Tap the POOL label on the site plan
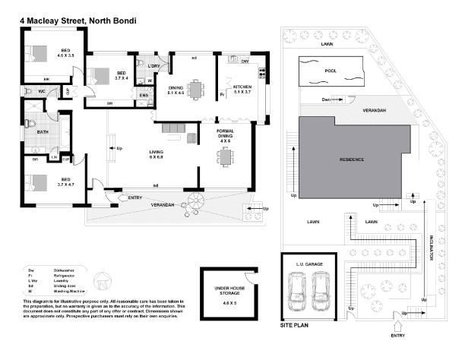(329, 73)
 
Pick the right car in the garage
(321, 292)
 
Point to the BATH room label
(33, 131)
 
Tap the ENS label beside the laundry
(142, 94)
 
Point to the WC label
(42, 91)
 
